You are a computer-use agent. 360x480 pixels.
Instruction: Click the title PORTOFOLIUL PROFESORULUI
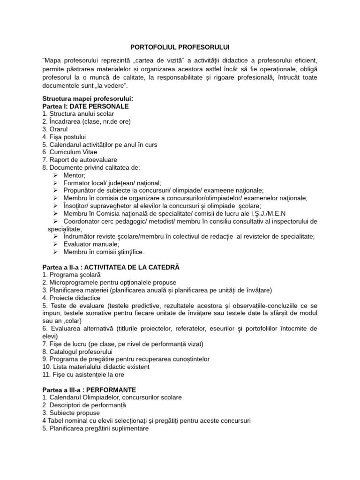click(x=180, y=47)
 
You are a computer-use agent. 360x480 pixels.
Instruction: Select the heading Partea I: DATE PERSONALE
click(x=85, y=106)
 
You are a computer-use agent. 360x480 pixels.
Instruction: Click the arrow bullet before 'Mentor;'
click(x=55, y=175)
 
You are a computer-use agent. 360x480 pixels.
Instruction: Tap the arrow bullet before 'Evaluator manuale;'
click(x=55, y=244)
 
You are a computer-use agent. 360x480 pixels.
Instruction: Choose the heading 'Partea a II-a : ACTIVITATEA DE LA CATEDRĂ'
click(x=111, y=267)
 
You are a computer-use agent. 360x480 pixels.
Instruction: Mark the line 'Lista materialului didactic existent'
click(x=94, y=367)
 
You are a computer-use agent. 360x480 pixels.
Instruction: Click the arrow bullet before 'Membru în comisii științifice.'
click(x=55, y=252)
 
